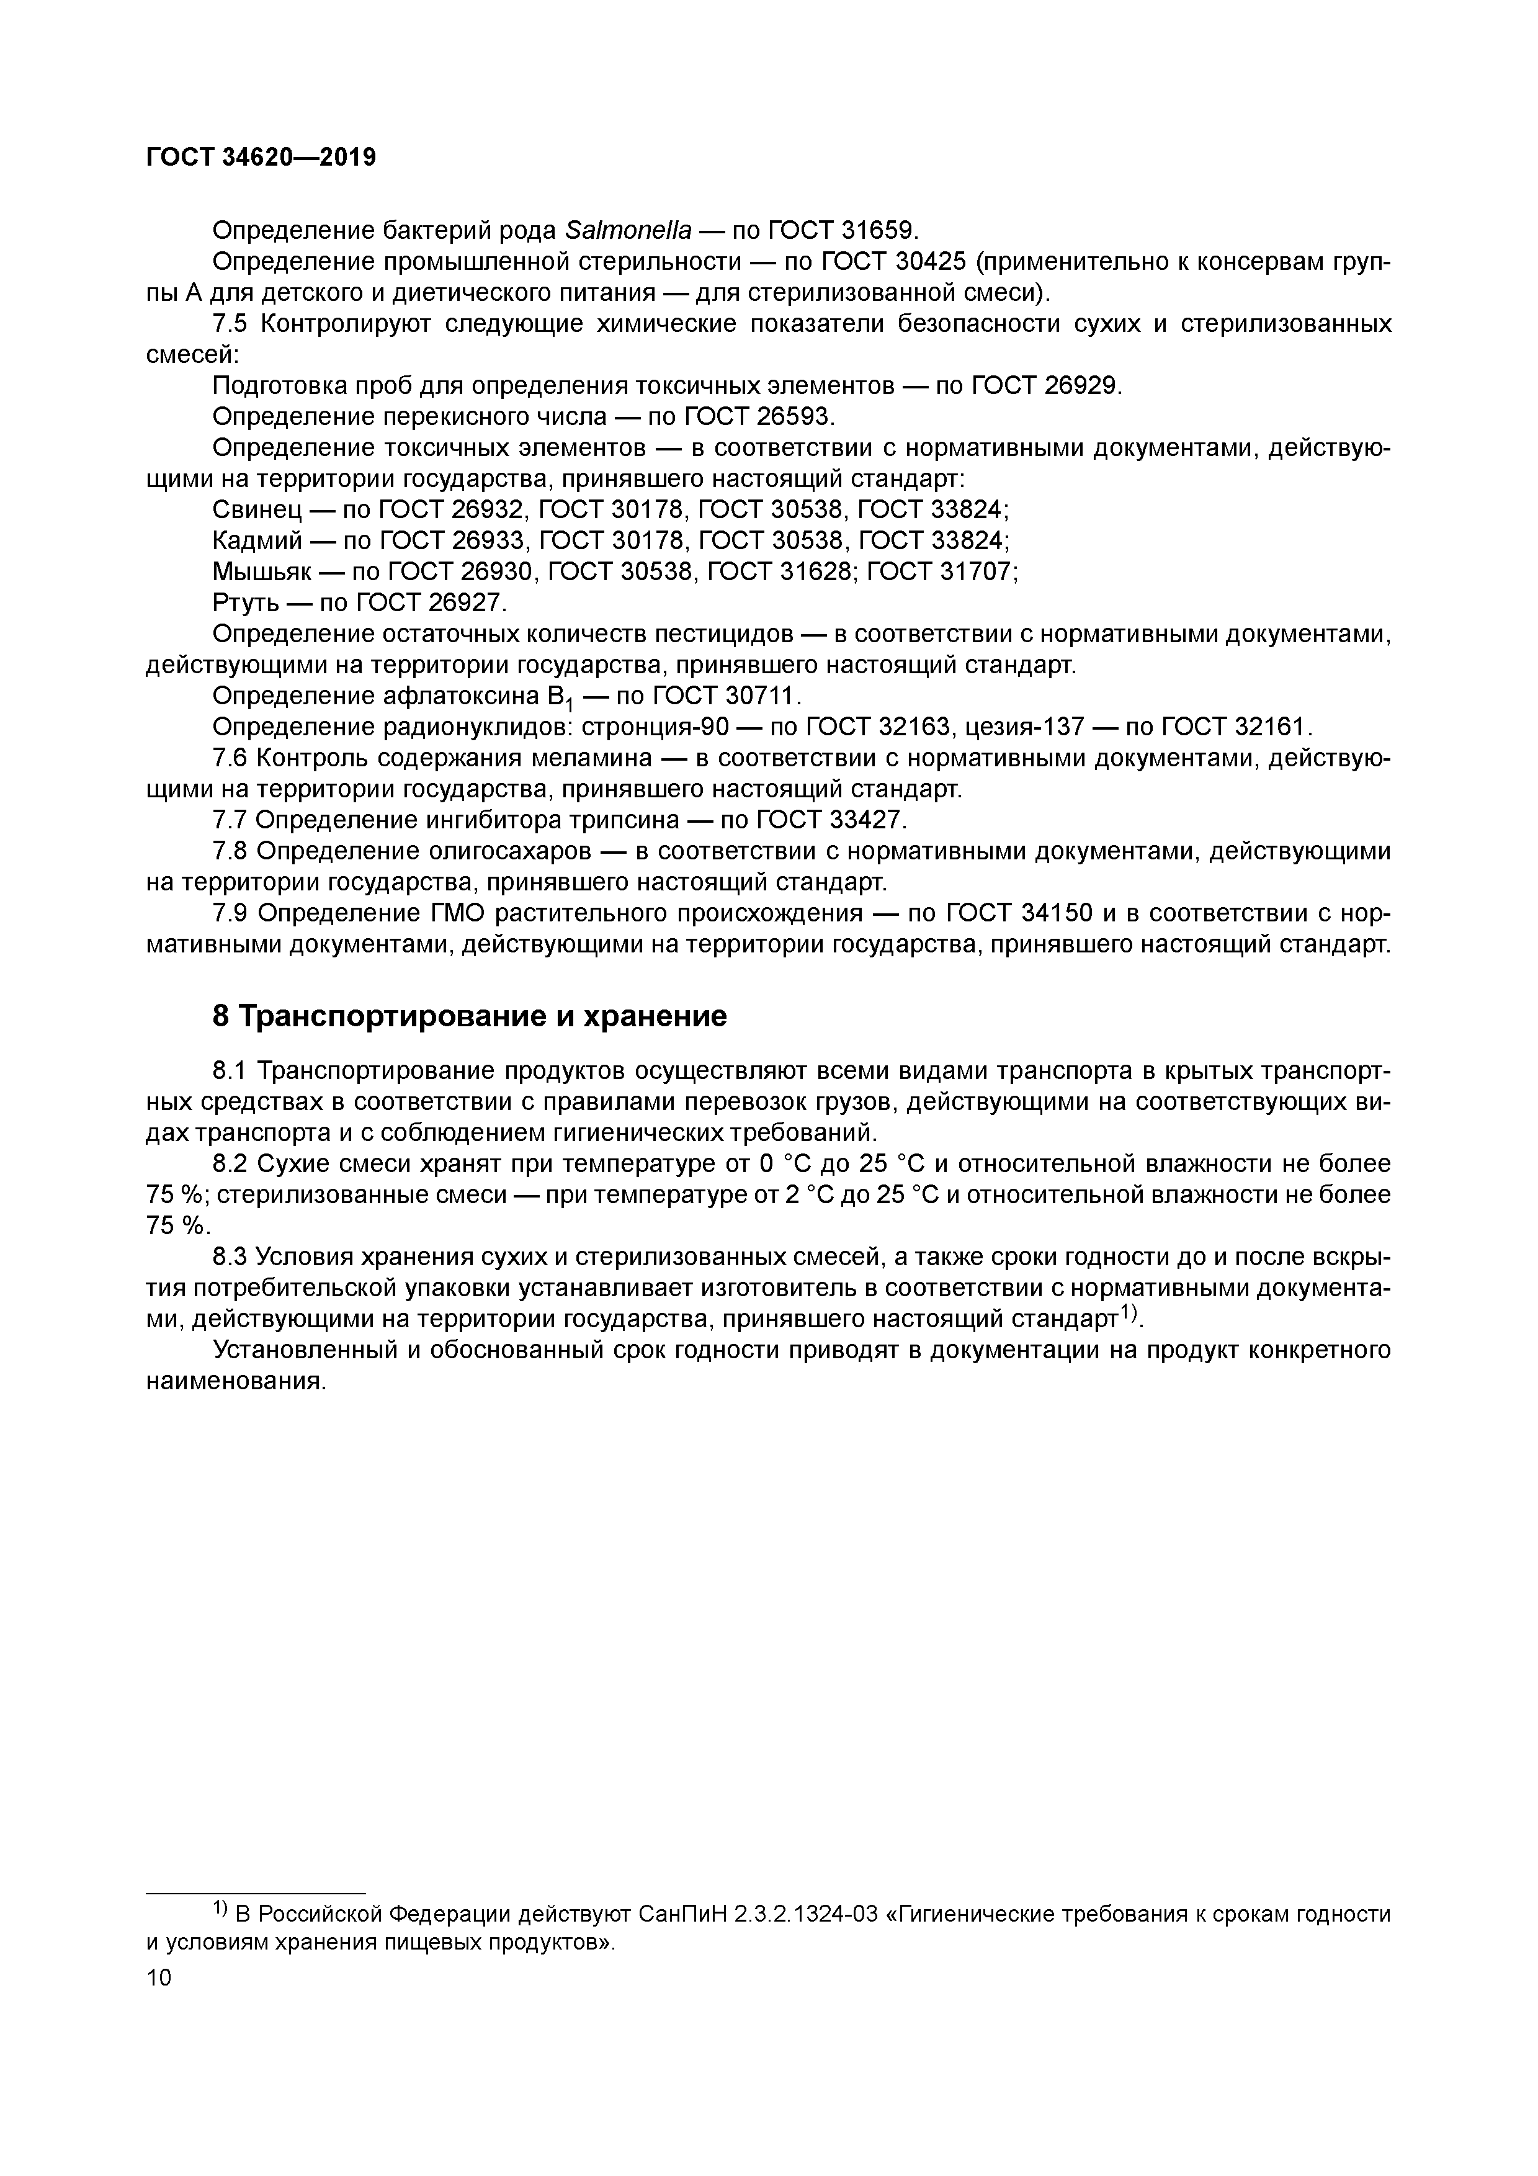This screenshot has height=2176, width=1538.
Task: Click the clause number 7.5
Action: pyautogui.click(x=230, y=324)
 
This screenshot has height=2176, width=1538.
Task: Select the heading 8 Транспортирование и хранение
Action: pyautogui.click(x=469, y=1016)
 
